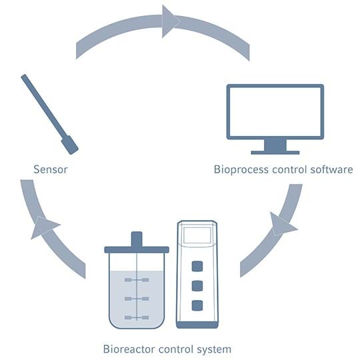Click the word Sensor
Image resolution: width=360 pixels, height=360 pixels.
tap(51, 169)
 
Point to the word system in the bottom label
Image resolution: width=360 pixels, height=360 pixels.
tap(213, 349)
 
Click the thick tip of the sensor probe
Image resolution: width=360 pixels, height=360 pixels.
tap(69, 145)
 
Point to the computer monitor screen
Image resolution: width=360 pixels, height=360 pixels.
tap(275, 111)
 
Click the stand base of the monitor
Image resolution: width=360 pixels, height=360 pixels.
tap(275, 151)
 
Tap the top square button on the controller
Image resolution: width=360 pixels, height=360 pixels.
tap(197, 267)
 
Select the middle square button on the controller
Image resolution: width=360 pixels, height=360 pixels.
tap(197, 287)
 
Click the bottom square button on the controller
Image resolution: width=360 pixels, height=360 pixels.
tap(197, 306)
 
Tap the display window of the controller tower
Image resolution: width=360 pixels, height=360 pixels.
tap(197, 235)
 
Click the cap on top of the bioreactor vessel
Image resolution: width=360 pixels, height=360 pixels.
tap(137, 239)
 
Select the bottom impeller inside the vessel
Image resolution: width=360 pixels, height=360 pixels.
tap(137, 317)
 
